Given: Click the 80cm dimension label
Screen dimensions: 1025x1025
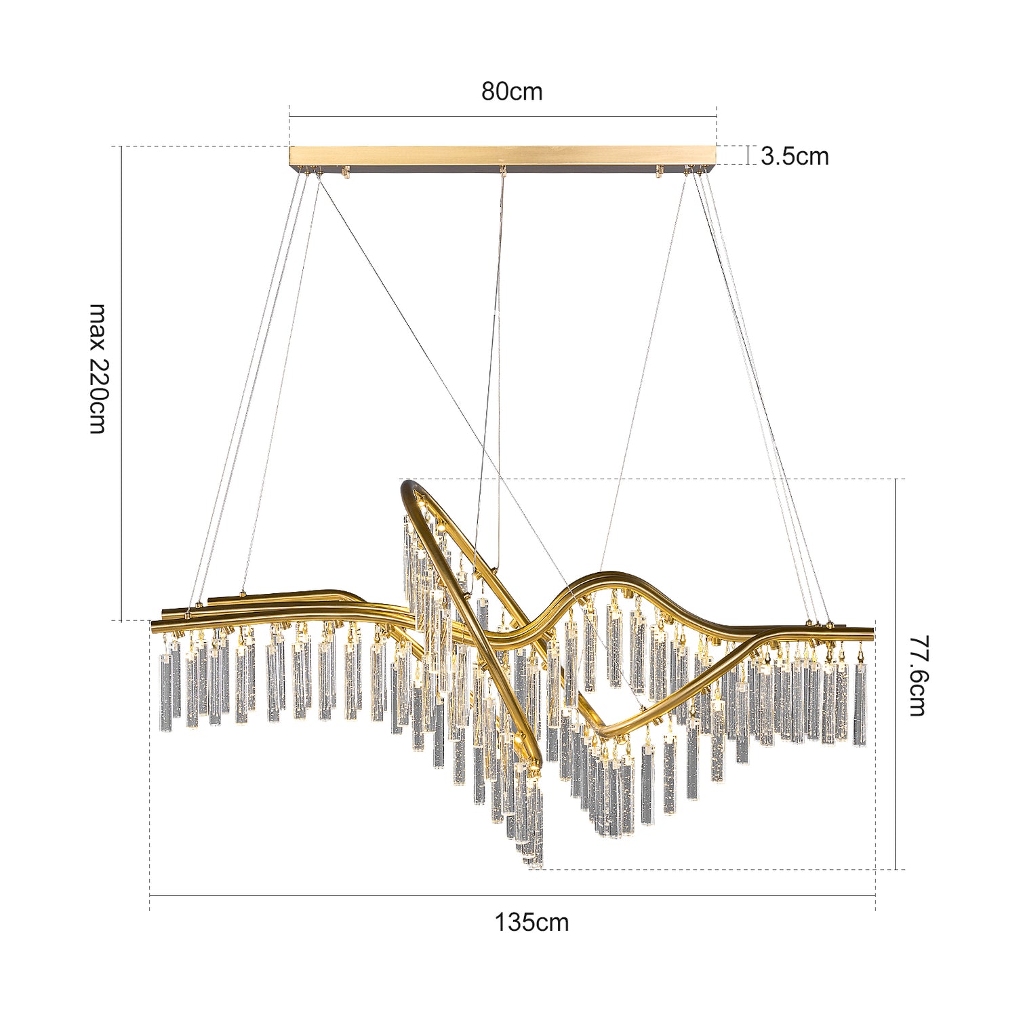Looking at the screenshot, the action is pos(512,92).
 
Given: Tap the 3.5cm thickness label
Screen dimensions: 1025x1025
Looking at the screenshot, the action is pos(795,156).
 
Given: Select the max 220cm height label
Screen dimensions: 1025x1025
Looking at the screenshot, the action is pos(99,369).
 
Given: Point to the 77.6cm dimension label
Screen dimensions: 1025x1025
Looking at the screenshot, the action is pos(917,675).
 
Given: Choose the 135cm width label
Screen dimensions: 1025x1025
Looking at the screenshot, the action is pos(531,923).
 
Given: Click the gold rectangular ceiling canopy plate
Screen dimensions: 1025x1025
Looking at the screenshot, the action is pos(502,156).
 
